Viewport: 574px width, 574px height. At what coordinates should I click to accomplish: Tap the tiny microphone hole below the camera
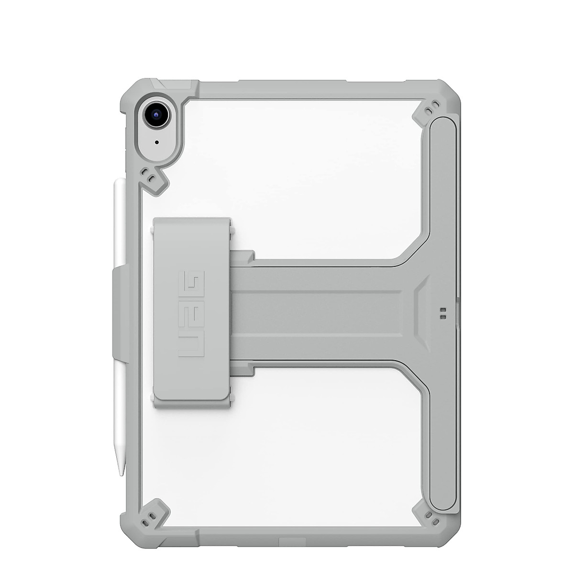pos(156,142)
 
